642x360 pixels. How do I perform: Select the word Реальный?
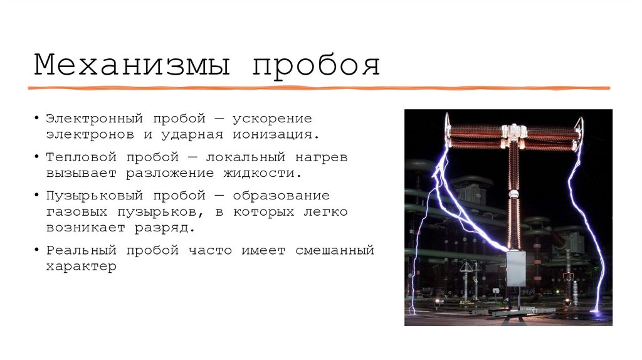coord(82,250)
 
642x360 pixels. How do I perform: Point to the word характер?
coord(82,266)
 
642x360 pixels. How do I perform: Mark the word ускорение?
coord(273,119)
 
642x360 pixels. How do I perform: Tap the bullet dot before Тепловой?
coord(38,157)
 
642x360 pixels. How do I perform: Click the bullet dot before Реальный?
coord(38,250)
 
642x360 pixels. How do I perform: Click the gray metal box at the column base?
coord(515,268)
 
